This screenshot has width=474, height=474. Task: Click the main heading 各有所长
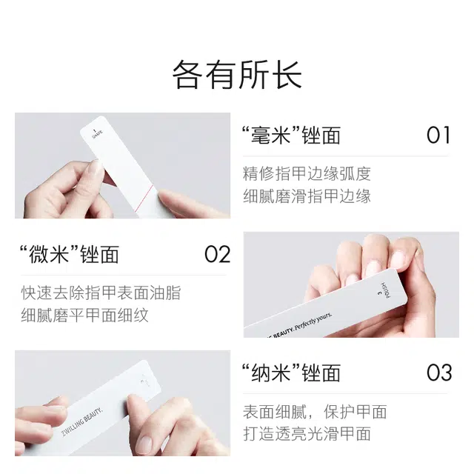pyautogui.click(x=237, y=74)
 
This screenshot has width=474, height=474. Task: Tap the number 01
pyautogui.click(x=438, y=135)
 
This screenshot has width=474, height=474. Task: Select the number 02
pyautogui.click(x=217, y=254)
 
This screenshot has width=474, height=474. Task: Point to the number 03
pyautogui.click(x=439, y=373)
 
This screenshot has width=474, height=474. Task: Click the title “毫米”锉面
pyautogui.click(x=291, y=135)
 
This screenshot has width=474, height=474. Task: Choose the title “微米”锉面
pyautogui.click(x=69, y=254)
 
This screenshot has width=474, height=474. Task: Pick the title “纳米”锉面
pyautogui.click(x=291, y=373)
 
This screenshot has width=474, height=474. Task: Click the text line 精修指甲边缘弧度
pyautogui.click(x=307, y=174)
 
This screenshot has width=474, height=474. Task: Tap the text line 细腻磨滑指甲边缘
pyautogui.click(x=307, y=196)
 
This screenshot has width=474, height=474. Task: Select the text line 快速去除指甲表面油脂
pyautogui.click(x=101, y=293)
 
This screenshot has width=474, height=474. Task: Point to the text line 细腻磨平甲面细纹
pyautogui.click(x=84, y=315)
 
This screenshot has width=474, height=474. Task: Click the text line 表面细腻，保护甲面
pyautogui.click(x=315, y=412)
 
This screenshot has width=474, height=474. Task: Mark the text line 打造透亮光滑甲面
pyautogui.click(x=307, y=434)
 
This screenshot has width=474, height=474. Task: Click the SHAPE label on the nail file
pyautogui.click(x=97, y=133)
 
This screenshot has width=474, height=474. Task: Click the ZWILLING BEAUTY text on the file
pyautogui.click(x=82, y=422)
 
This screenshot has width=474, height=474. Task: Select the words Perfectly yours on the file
pyautogui.click(x=313, y=321)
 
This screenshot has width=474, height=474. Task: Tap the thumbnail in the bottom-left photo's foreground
pyautogui.click(x=144, y=444)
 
